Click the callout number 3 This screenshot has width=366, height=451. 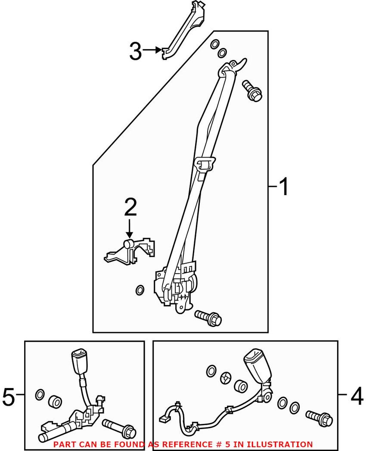coord(135,51)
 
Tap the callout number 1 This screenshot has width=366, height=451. coord(284,187)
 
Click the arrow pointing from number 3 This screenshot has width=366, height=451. coord(152,50)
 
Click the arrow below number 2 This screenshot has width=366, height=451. coord(129,228)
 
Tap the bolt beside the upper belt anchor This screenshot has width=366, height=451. coord(252,90)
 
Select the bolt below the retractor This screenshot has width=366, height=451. coord(208,318)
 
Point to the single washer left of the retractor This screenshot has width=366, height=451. coord(140,290)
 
